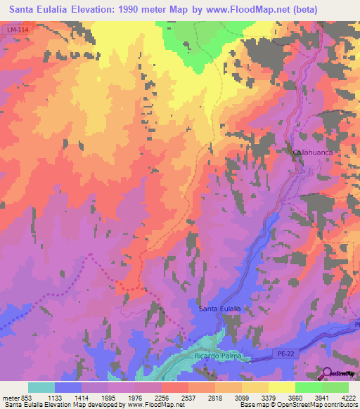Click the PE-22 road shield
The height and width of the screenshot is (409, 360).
(281, 356)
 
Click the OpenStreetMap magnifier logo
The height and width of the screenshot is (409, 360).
(327, 374)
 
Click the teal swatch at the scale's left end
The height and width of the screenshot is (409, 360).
(41, 387)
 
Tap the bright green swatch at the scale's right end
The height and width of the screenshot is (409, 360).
(335, 387)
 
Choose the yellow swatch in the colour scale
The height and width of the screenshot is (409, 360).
(282, 387)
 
